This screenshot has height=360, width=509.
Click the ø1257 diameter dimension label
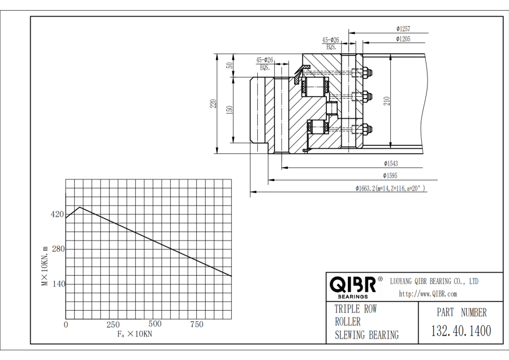click(x=403, y=28)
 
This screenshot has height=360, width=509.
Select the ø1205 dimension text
click(x=403, y=39)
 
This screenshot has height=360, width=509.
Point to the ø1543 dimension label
click(x=391, y=164)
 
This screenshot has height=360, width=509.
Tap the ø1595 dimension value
click(x=391, y=176)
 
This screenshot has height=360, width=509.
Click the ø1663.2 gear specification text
click(x=390, y=188)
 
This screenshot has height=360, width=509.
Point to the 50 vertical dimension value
click(x=230, y=65)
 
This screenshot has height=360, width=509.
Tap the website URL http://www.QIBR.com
click(x=428, y=294)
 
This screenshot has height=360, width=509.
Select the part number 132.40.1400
click(x=461, y=331)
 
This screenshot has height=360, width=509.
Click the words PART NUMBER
click(x=461, y=312)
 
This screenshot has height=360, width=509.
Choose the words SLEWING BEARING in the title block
click(x=366, y=335)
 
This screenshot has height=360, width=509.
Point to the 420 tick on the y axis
click(x=57, y=215)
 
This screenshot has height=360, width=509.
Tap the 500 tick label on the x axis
click(x=154, y=324)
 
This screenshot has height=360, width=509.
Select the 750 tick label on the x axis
click(x=197, y=324)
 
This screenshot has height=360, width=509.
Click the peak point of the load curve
click(x=80, y=207)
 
